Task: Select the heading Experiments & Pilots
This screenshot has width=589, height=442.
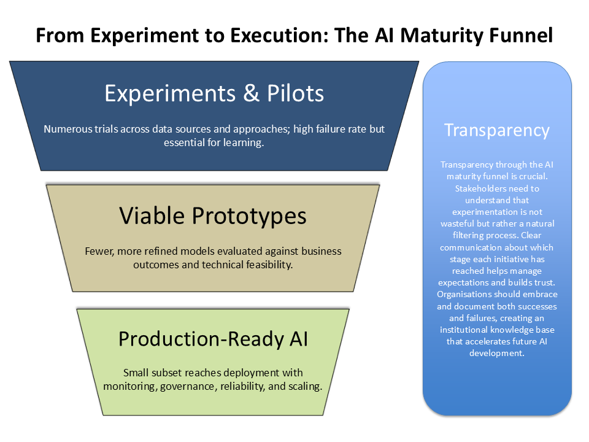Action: (214, 93)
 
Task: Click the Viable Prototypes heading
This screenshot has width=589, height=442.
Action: (213, 215)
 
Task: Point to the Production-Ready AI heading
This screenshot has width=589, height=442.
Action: (213, 339)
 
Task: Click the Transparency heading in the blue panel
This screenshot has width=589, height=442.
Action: (497, 130)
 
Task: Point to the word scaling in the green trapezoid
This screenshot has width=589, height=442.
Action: (304, 386)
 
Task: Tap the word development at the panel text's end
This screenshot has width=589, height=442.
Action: (497, 353)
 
